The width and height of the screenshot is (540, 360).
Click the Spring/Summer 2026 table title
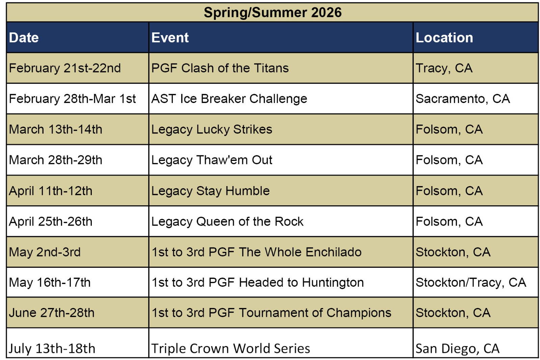pyautogui.click(x=273, y=12)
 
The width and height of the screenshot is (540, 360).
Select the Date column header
pyautogui.click(x=24, y=37)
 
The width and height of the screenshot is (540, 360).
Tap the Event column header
pyautogui.click(x=170, y=37)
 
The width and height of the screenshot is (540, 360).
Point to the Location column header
pyautogui.click(x=444, y=37)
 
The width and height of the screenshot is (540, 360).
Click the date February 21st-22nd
pyautogui.click(x=64, y=68)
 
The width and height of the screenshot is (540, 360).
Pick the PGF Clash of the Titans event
pyautogui.click(x=220, y=68)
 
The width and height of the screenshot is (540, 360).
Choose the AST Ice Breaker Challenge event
pyautogui.click(x=229, y=99)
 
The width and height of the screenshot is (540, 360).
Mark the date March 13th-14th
pyautogui.click(x=55, y=129)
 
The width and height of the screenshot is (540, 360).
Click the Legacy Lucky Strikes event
pyautogui.click(x=212, y=130)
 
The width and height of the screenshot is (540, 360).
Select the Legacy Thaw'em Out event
pyautogui.click(x=212, y=160)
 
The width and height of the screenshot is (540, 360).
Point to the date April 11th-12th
pyautogui.click(x=51, y=191)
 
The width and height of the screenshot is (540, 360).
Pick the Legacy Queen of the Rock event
pyautogui.click(x=227, y=222)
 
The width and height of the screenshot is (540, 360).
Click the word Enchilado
pyautogui.click(x=333, y=252)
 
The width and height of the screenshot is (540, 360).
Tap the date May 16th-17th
pyautogui.click(x=50, y=283)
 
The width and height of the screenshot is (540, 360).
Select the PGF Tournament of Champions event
pyautogui.click(x=300, y=313)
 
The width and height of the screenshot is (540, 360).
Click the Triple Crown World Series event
pyautogui.click(x=231, y=349)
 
